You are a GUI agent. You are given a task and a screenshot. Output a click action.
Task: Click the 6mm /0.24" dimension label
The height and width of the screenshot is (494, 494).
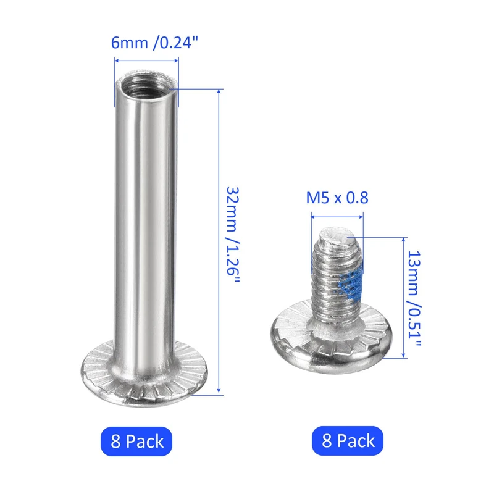tap(155, 43)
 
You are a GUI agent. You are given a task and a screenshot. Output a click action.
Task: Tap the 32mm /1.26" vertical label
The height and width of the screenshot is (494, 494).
tap(233, 235)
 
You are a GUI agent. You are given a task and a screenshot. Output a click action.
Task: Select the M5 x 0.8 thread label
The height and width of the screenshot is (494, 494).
tap(337, 198)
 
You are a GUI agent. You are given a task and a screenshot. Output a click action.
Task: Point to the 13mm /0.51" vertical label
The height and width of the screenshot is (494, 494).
tap(414, 299)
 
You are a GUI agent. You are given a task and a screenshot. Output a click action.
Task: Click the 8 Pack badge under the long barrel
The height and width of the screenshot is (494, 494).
tap(136, 441)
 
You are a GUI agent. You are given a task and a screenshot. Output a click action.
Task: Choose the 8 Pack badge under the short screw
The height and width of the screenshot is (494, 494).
tap(348, 440)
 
